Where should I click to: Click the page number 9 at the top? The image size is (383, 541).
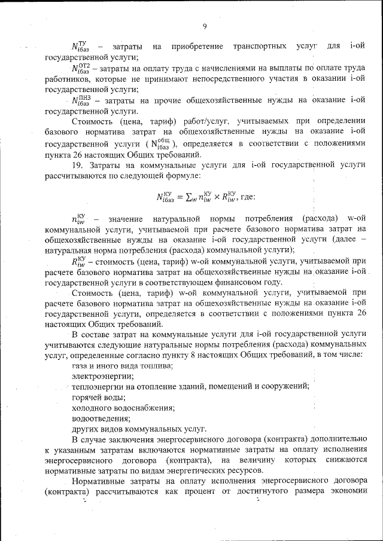coord(205,26)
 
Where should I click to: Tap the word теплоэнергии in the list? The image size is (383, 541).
coord(98,386)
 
